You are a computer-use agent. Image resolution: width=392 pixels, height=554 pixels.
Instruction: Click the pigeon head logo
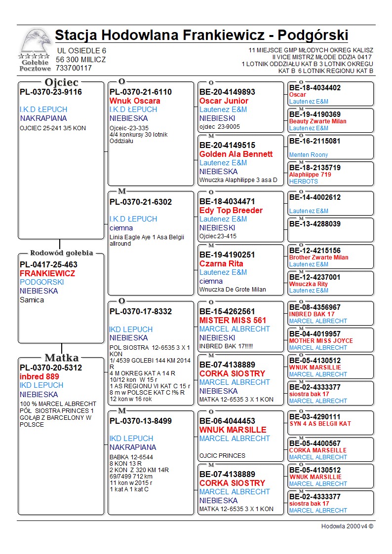point(36,43)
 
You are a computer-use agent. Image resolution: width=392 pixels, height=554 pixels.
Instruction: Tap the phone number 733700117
point(74,68)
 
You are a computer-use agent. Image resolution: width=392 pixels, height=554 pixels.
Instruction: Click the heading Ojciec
point(61,82)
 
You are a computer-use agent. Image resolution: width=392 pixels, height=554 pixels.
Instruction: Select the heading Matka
point(61,358)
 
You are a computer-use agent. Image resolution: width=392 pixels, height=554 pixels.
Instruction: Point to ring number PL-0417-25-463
point(48,264)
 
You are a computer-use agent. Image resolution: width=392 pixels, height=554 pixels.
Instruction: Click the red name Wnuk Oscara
point(135,101)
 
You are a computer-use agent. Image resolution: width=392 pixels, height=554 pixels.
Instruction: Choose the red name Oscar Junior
point(224,101)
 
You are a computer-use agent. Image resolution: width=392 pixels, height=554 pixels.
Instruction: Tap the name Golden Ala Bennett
point(236,154)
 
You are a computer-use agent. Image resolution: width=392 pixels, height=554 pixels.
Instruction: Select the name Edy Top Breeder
point(231,210)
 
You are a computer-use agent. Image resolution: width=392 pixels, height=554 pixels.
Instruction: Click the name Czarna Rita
point(221,263)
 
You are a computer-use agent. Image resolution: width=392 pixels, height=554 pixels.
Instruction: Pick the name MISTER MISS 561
point(233,320)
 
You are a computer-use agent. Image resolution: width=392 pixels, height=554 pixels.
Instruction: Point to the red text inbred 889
point(39,376)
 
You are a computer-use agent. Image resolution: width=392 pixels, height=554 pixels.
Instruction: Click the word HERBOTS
point(304,182)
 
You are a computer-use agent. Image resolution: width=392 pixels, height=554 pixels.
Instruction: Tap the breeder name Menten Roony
point(309,155)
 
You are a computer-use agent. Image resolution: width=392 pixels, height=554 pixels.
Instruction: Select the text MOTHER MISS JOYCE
point(321,341)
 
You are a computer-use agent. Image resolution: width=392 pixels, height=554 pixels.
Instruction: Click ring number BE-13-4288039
point(315,224)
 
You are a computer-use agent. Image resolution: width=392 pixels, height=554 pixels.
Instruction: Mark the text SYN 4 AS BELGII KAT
point(320,424)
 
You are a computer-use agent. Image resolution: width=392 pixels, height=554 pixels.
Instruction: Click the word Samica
point(32,300)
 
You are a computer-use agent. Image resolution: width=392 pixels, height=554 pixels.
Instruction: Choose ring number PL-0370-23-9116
point(51,92)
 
